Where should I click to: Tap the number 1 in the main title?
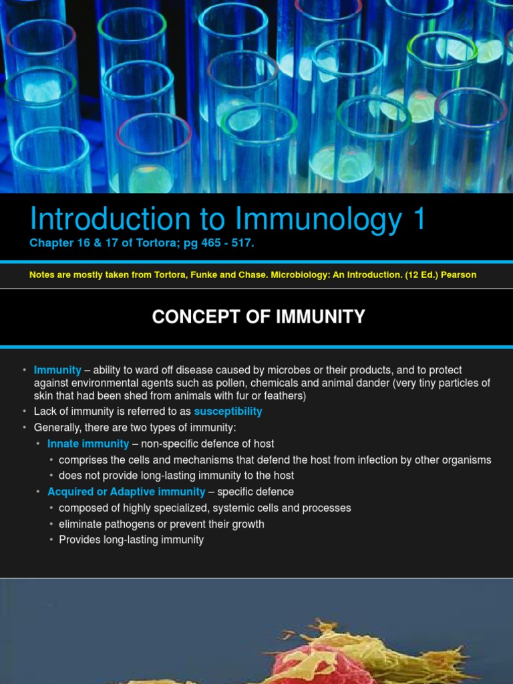[x=419, y=219]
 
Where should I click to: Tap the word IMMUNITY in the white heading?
[x=321, y=317]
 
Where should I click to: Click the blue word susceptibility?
[x=228, y=411]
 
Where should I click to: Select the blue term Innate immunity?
[x=88, y=444]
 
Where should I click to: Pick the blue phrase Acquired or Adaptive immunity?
[x=126, y=492]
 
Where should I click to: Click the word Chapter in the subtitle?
[x=51, y=243]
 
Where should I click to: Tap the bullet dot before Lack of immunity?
[x=25, y=411]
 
